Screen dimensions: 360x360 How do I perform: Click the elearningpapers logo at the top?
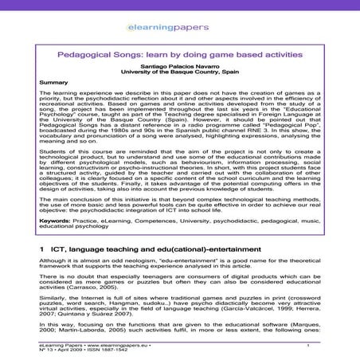point(179,31)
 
